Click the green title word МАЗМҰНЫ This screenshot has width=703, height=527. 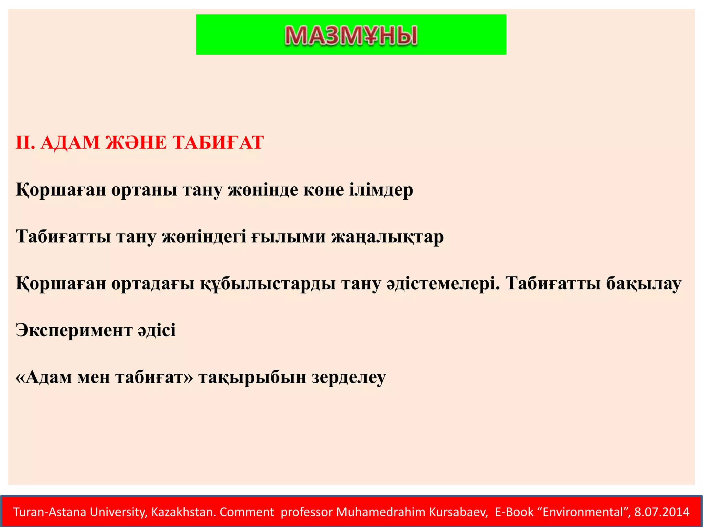[x=351, y=35]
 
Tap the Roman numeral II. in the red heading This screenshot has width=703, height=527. [x=25, y=143]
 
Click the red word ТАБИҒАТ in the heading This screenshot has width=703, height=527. [x=218, y=143]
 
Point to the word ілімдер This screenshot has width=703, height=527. [x=381, y=190]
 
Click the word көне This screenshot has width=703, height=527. [x=323, y=190]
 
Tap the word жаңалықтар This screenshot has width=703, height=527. [x=388, y=236]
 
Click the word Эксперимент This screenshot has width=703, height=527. [x=74, y=330]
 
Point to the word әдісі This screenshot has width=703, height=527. [x=157, y=330]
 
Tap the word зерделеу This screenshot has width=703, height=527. [x=349, y=377]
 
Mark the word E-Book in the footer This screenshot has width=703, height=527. [x=514, y=512]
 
